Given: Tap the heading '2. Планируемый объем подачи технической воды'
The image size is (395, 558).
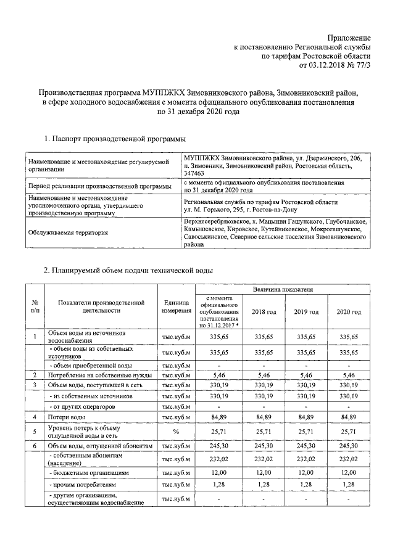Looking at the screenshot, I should tap(128, 270).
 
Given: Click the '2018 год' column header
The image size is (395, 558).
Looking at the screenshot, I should tap(264, 312).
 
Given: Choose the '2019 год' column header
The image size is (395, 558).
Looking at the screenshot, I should tap(306, 312).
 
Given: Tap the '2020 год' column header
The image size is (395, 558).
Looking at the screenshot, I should tap(349, 312).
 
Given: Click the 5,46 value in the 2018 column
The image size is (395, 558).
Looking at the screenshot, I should tap(264, 375).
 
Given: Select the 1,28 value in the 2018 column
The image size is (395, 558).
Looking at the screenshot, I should tap(264, 485).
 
